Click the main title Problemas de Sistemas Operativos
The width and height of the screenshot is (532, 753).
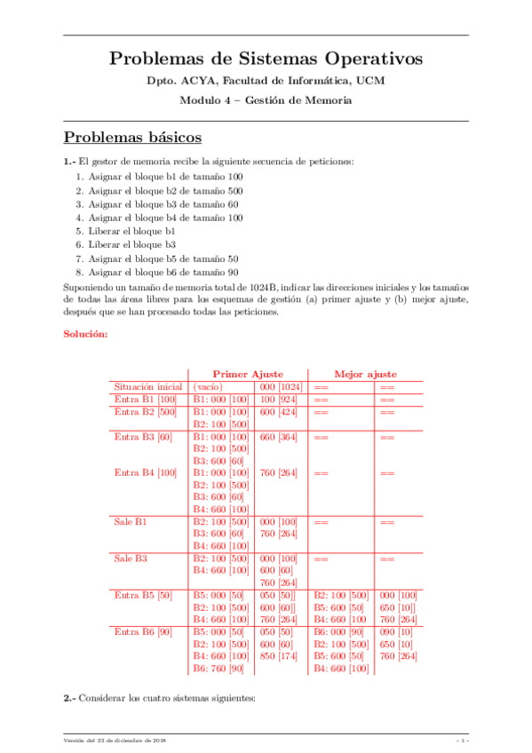[x=266, y=59]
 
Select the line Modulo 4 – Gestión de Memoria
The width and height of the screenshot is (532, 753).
[x=266, y=100]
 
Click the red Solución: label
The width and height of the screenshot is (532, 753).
[x=86, y=335]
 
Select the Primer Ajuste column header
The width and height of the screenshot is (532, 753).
[x=248, y=375]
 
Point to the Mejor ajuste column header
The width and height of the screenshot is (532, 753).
[x=365, y=375]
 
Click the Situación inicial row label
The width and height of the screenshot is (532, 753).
[x=147, y=387]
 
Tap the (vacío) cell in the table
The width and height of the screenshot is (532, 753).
[x=208, y=387]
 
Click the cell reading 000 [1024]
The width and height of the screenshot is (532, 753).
[x=281, y=387]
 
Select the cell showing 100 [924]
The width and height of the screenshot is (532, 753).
[x=279, y=400]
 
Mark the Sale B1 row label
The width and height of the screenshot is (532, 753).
[x=131, y=521]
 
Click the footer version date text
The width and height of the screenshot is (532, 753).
[x=115, y=741]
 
